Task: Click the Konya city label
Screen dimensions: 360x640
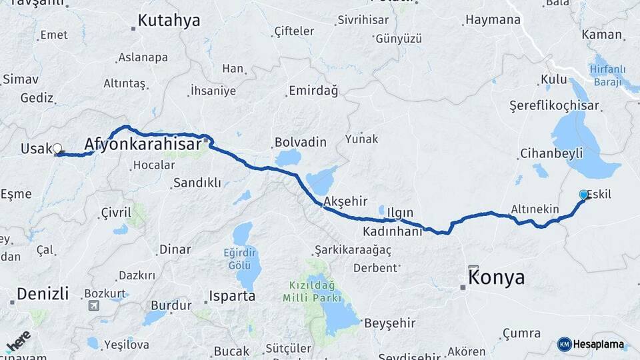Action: pyautogui.click(x=497, y=277)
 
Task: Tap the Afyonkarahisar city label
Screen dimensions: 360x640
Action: pyautogui.click(x=143, y=145)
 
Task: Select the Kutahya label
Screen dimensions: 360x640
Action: pyautogui.click(x=169, y=21)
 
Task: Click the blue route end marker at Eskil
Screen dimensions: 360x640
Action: pyautogui.click(x=584, y=195)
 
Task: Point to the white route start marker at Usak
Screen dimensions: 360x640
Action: pyautogui.click(x=57, y=149)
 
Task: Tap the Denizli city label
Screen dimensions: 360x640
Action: pyautogui.click(x=43, y=293)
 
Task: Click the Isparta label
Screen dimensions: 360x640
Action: pyautogui.click(x=232, y=295)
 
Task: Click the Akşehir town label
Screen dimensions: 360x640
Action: pyautogui.click(x=345, y=201)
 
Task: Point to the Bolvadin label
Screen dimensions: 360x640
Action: pyautogui.click(x=300, y=142)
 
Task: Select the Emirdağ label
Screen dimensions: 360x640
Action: pyautogui.click(x=313, y=91)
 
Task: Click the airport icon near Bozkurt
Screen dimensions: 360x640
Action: pyautogui.click(x=93, y=305)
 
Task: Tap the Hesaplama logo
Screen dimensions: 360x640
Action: pyautogui.click(x=591, y=344)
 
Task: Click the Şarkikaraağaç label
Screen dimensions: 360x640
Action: pyautogui.click(x=352, y=249)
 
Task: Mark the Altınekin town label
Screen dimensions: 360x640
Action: pyautogui.click(x=535, y=209)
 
